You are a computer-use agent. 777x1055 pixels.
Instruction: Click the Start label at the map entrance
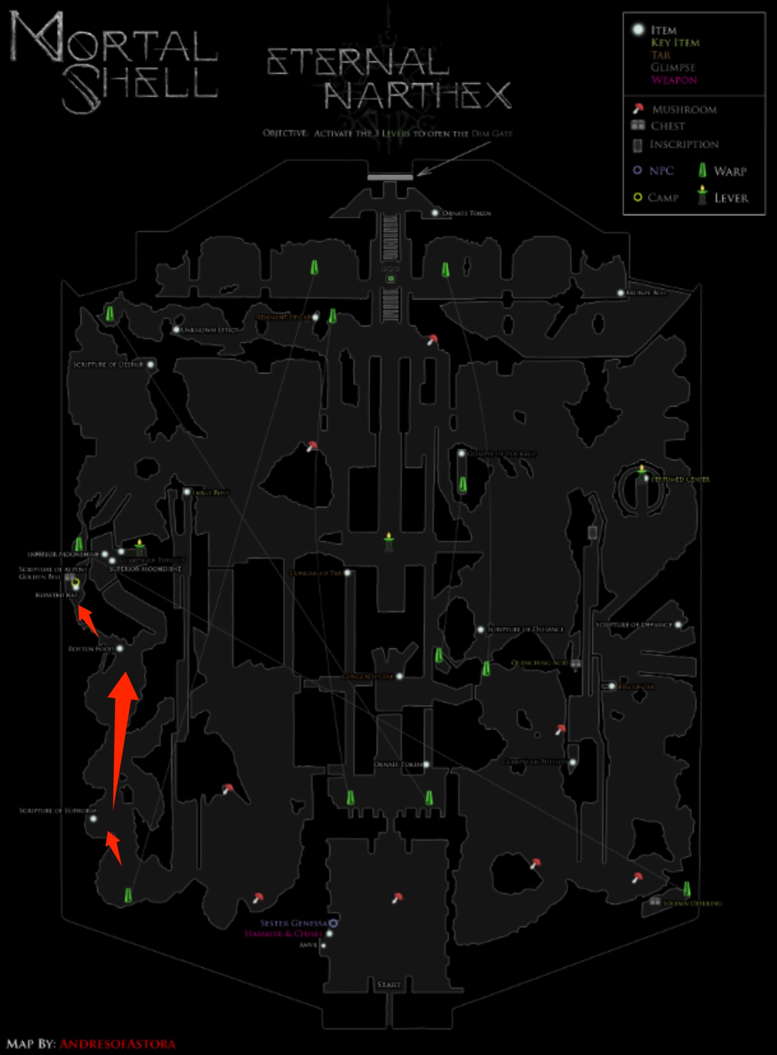pyautogui.click(x=388, y=985)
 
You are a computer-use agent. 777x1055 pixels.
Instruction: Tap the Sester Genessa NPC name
pyautogui.click(x=295, y=923)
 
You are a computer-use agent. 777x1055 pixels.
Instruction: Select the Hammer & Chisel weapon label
pyautogui.click(x=284, y=934)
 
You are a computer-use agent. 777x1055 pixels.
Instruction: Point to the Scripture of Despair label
pyautogui.click(x=108, y=364)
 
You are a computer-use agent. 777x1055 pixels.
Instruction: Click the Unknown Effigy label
pyautogui.click(x=210, y=330)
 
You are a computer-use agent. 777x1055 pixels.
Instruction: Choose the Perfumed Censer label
pyautogui.click(x=680, y=479)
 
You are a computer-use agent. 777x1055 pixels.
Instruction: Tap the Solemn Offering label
pyautogui.click(x=692, y=904)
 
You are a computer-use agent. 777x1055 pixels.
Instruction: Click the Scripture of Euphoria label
pyautogui.click(x=57, y=811)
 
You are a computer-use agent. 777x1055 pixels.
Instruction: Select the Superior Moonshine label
pyautogui.click(x=145, y=569)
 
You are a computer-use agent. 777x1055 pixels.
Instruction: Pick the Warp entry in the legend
pyautogui.click(x=729, y=171)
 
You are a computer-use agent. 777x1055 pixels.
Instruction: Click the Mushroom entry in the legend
pyautogui.click(x=684, y=110)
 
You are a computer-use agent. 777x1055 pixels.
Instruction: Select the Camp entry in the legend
pyautogui.click(x=663, y=197)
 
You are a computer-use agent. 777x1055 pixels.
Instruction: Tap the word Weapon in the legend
pyautogui.click(x=673, y=80)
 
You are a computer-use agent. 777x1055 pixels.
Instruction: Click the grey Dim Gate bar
pyautogui.click(x=390, y=177)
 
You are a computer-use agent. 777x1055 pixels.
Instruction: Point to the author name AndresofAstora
pyautogui.click(x=117, y=1044)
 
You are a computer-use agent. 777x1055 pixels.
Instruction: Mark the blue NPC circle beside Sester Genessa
pyautogui.click(x=333, y=923)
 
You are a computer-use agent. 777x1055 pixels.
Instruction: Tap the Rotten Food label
pyautogui.click(x=91, y=648)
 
